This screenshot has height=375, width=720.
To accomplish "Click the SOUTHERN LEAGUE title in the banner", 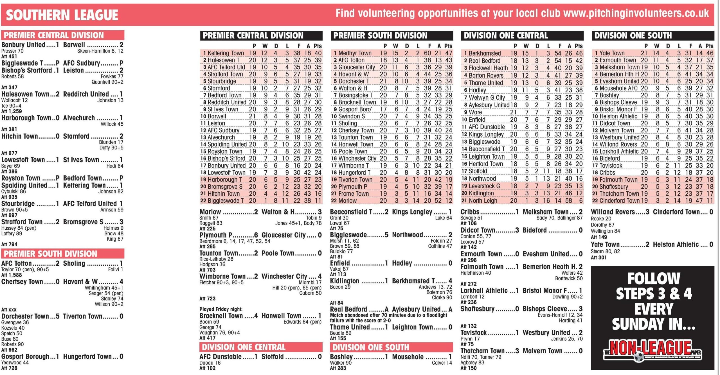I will point(62,15).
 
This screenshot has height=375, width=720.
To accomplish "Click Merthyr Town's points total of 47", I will point(449,53).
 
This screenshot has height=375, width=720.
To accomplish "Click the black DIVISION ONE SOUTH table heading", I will point(633,35).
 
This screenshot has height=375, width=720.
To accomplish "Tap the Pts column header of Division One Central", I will point(579,46).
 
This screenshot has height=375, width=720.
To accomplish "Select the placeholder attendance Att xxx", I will point(9,310).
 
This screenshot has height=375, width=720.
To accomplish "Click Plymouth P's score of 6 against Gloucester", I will point(256,235).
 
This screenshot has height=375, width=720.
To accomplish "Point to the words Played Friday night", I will point(221,309).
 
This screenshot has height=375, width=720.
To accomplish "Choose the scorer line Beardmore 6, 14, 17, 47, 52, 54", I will point(235,241).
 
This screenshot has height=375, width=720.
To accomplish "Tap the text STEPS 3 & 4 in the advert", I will point(654,294).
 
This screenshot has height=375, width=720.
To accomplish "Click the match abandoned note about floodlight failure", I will point(388,318).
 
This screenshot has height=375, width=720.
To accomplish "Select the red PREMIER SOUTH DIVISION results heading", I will point(51,254).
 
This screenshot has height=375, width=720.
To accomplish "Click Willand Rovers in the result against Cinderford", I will point(613,212).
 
